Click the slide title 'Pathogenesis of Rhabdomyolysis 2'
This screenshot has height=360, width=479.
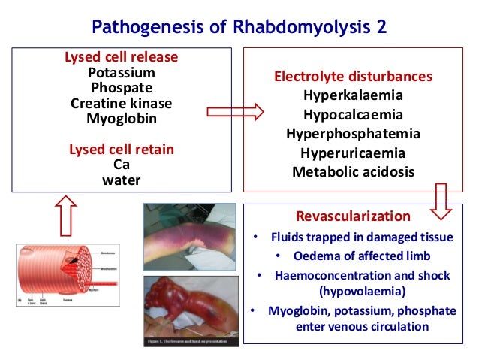point(239,27)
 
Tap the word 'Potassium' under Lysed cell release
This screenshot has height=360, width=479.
point(121,73)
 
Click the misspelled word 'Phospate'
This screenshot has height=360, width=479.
point(121,88)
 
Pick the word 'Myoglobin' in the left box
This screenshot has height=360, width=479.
point(121,118)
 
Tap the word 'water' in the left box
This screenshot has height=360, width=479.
point(121,180)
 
